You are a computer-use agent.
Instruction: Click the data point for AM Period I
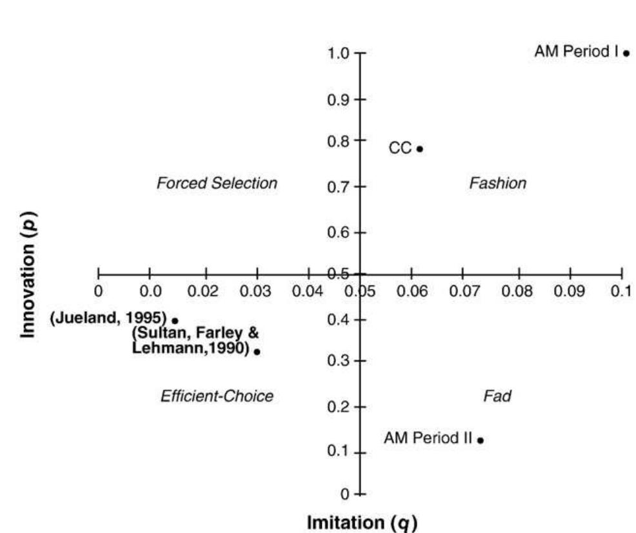pyautogui.click(x=626, y=53)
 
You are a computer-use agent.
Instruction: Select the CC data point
pyautogui.click(x=420, y=149)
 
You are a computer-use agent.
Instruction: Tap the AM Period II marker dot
pyautogui.click(x=481, y=440)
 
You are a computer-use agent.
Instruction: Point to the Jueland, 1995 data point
pyautogui.click(x=175, y=320)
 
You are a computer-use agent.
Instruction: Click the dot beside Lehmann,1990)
pyautogui.click(x=257, y=352)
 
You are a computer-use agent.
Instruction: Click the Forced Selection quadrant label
pyautogui.click(x=217, y=184)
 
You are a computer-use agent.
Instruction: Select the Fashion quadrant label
pyautogui.click(x=497, y=184)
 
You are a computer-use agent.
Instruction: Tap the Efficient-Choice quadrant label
pyautogui.click(x=217, y=396)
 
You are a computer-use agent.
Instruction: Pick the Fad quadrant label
pyautogui.click(x=497, y=396)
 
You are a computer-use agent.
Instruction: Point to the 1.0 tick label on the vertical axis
pyautogui.click(x=339, y=53)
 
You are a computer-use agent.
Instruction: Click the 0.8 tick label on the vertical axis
pyautogui.click(x=339, y=141)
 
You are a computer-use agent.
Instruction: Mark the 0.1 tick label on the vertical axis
pyautogui.click(x=339, y=451)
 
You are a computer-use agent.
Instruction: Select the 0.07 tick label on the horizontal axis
pyautogui.click(x=464, y=291)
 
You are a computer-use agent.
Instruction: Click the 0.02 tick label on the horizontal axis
pyautogui.click(x=204, y=291)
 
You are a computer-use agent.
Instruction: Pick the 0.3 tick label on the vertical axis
pyautogui.click(x=339, y=361)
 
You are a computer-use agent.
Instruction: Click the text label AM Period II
pyautogui.click(x=428, y=439)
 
